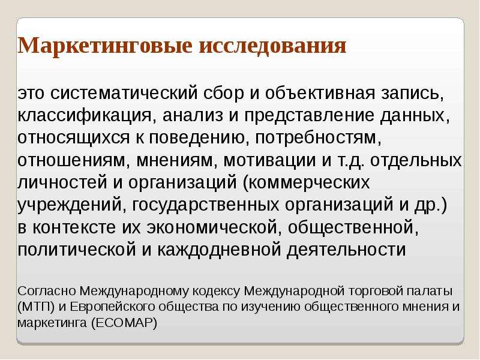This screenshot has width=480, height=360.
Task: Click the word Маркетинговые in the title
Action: coord(105,46)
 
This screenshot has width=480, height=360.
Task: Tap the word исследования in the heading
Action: coord(272,46)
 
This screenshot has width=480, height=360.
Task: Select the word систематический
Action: coord(124,93)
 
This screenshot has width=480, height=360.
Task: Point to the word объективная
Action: coord(320,93)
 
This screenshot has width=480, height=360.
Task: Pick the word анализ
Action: coord(193,115)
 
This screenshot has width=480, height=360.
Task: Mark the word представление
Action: coord(309,116)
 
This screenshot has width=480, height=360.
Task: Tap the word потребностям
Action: coord(319,139)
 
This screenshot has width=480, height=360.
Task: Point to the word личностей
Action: coord(62,183)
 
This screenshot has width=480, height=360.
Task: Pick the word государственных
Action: coord(205,205)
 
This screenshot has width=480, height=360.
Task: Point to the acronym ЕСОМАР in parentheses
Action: coord(124,323)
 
